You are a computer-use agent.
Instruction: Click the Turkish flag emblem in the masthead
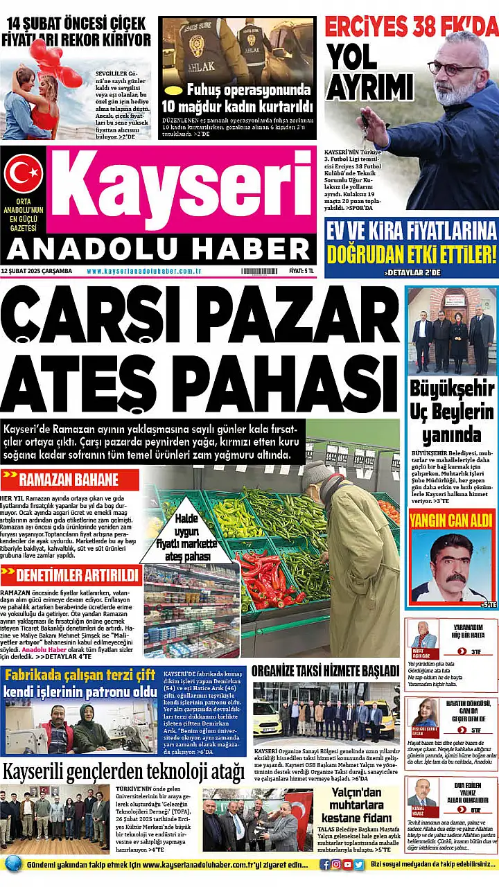[x=24, y=174]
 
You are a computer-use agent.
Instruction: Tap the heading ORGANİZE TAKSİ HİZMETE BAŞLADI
[x=325, y=671]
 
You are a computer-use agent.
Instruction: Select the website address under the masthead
[x=144, y=271]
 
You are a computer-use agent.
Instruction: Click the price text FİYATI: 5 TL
[x=301, y=271]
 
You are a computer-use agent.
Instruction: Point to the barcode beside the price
[x=259, y=271]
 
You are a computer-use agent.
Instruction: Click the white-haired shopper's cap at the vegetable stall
[x=317, y=473]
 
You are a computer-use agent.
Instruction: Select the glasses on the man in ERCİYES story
[x=455, y=67]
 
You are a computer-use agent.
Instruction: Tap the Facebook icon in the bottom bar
[x=325, y=864]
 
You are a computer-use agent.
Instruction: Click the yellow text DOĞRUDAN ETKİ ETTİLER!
[x=412, y=254]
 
